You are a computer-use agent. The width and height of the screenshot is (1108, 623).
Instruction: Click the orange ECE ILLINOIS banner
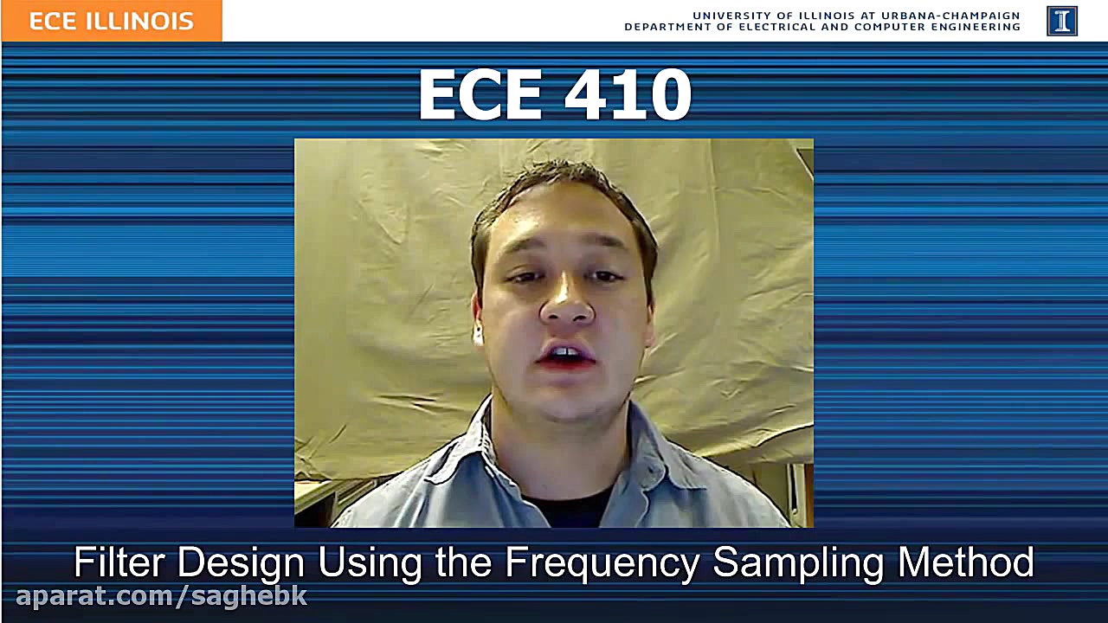coord(112,21)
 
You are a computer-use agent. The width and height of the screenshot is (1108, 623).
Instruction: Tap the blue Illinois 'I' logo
coord(1061,21)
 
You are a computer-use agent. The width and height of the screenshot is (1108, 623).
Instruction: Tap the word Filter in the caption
coord(119,562)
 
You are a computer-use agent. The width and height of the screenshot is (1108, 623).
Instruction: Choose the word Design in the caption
coord(241,562)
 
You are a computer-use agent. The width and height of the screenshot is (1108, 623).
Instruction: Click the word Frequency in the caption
coord(602,563)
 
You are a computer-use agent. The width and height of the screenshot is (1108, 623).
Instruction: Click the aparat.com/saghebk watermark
coord(162,596)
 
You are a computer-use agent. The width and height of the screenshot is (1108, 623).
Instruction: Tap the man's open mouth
coord(568,355)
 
